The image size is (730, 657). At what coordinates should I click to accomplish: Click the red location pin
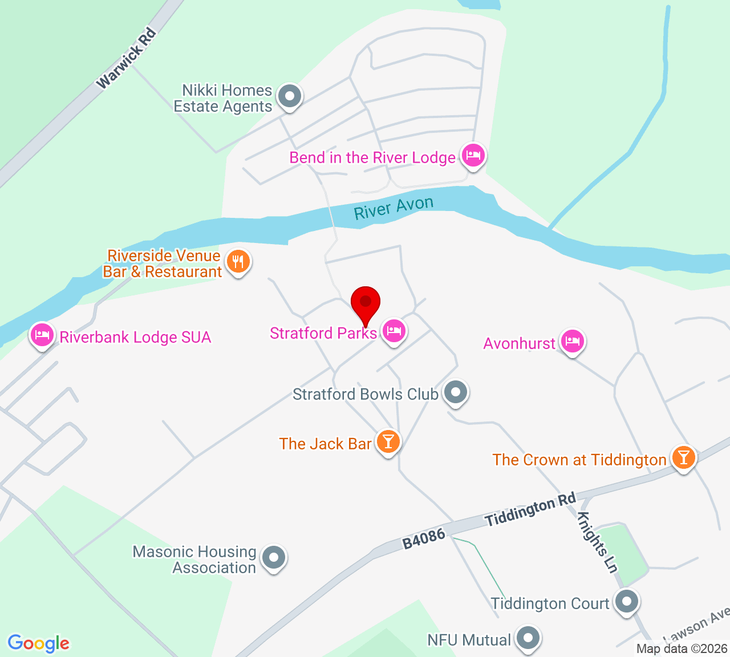pyautogui.click(x=366, y=303)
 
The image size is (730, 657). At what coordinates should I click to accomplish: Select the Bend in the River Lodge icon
pyautogui.click(x=473, y=155)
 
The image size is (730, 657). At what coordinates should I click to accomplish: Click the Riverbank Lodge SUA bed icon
pyautogui.click(x=42, y=335)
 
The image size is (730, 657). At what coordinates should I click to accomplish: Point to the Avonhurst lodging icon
pyautogui.click(x=572, y=341)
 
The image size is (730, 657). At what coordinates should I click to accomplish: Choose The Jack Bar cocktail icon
pyautogui.click(x=388, y=442)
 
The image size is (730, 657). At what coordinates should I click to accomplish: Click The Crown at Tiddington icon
pyautogui.click(x=683, y=457)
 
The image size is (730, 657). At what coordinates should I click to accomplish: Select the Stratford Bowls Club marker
pyautogui.click(x=456, y=392)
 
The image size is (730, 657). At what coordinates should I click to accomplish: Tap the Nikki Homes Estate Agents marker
pyautogui.click(x=290, y=96)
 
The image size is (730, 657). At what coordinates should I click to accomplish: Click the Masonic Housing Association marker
pyautogui.click(x=274, y=557)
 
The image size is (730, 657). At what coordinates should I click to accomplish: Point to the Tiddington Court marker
pyautogui.click(x=627, y=602)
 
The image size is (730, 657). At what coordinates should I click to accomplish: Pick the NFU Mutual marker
pyautogui.click(x=528, y=638)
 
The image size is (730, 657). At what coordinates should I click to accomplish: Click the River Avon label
pyautogui.click(x=394, y=208)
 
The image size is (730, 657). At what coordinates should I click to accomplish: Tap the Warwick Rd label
pyautogui.click(x=127, y=58)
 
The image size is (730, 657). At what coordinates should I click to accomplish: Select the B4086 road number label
pyautogui.click(x=423, y=539)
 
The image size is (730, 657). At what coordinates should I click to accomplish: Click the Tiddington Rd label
pyautogui.click(x=530, y=510)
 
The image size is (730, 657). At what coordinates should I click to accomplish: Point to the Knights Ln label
pyautogui.click(x=597, y=541)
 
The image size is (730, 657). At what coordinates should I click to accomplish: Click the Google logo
pyautogui.click(x=39, y=643)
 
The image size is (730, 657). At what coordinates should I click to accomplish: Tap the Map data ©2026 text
pyautogui.click(x=682, y=648)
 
